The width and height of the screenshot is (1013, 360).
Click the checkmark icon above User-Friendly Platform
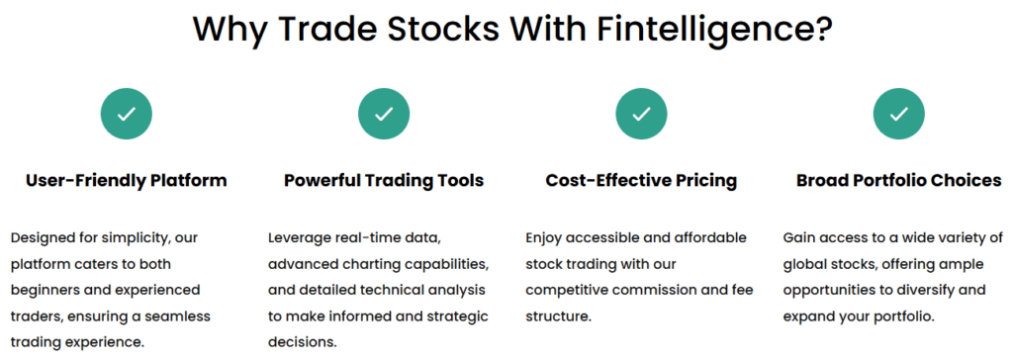pos(126,114)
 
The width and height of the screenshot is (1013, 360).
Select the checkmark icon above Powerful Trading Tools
pos(384,114)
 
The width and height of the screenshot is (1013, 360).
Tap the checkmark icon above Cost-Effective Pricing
pos(641,114)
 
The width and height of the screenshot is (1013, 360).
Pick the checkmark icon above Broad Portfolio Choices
pos(898,114)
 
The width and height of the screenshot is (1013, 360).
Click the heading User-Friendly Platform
pos(127,180)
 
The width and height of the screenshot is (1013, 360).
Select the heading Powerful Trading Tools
pos(384,180)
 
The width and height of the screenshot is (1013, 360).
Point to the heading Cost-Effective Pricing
pos(641,180)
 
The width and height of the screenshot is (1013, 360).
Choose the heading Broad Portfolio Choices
pos(898,180)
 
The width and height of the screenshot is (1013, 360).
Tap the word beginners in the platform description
pos(42,291)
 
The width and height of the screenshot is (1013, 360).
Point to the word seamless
pos(182,317)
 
